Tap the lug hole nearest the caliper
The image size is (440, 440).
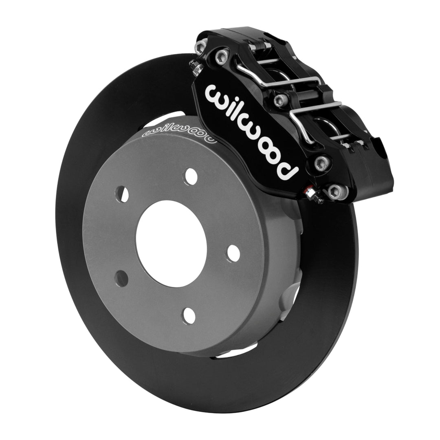tap(191, 176)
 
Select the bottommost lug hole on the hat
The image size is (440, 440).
tap(190, 316)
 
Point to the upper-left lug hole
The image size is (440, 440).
tap(122, 194)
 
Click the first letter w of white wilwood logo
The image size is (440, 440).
tap(216, 94)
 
